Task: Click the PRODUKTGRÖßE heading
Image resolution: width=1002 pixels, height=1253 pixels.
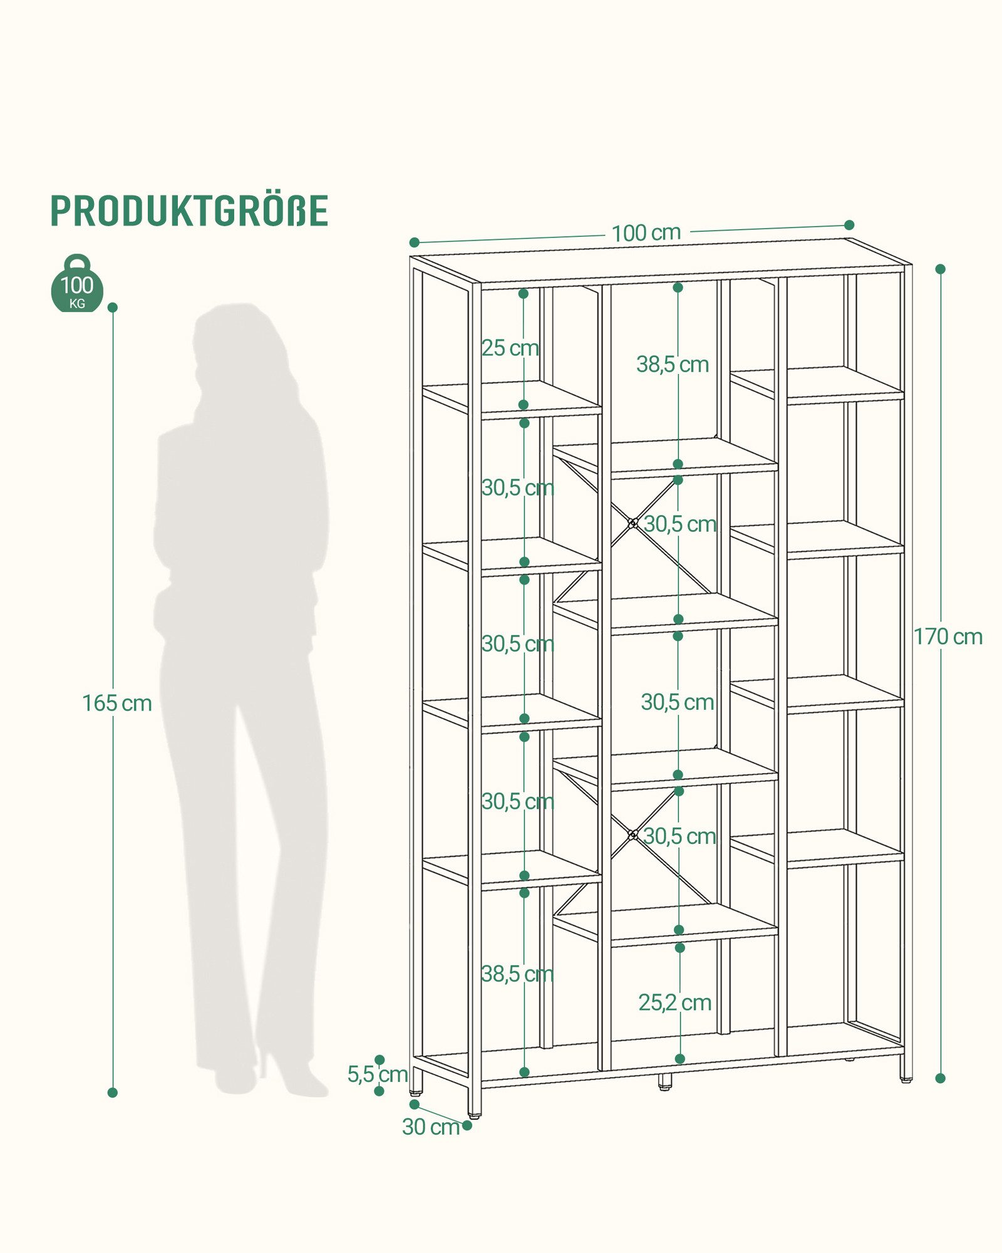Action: (189, 211)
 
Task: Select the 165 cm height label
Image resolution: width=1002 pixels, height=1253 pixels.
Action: (117, 703)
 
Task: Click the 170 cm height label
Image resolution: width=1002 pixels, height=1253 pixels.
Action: (948, 637)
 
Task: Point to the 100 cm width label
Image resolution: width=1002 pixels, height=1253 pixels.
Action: (646, 233)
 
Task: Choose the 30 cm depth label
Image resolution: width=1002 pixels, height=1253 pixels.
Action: (431, 1126)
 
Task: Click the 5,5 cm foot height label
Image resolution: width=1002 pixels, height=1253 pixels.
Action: (378, 1074)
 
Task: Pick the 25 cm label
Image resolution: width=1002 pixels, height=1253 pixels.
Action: (510, 348)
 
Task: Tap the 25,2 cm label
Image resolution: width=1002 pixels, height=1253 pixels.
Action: (675, 1002)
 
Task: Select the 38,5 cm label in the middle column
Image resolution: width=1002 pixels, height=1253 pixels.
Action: (673, 364)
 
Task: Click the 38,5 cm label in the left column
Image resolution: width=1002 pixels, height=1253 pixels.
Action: (517, 974)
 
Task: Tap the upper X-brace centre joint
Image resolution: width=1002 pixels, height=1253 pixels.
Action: (633, 523)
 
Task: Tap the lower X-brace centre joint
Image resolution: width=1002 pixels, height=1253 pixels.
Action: (633, 834)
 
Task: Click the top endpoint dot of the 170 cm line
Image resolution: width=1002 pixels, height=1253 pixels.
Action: (940, 269)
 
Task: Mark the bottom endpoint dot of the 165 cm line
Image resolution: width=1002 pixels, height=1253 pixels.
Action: (113, 1093)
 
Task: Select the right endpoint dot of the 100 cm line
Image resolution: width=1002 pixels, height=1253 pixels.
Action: (849, 225)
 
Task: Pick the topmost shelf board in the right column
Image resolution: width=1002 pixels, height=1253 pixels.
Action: (817, 383)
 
